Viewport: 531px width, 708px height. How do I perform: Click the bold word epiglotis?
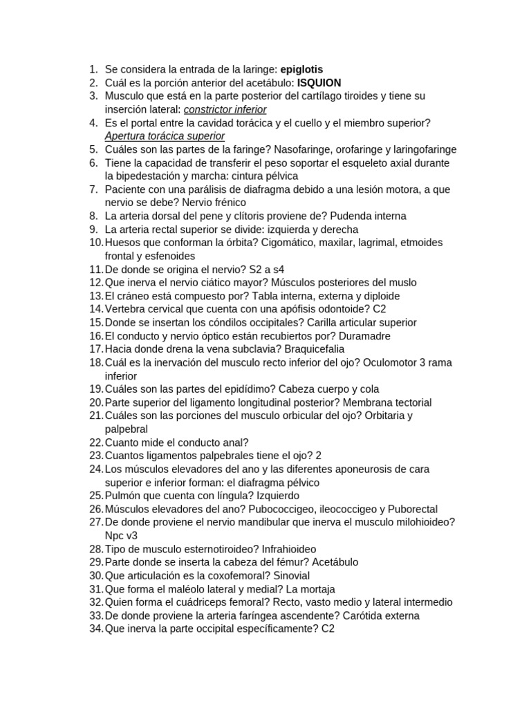tap(301, 69)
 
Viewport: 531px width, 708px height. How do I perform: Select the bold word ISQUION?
tap(319, 83)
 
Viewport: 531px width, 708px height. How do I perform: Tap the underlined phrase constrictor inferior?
tap(225, 109)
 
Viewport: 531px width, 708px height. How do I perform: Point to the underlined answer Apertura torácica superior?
tap(165, 136)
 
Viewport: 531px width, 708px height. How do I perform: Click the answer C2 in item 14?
tap(380, 309)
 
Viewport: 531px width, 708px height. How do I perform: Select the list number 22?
tap(95, 442)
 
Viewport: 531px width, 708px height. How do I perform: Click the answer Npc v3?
tap(122, 536)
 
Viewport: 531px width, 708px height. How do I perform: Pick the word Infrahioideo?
tap(298, 549)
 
